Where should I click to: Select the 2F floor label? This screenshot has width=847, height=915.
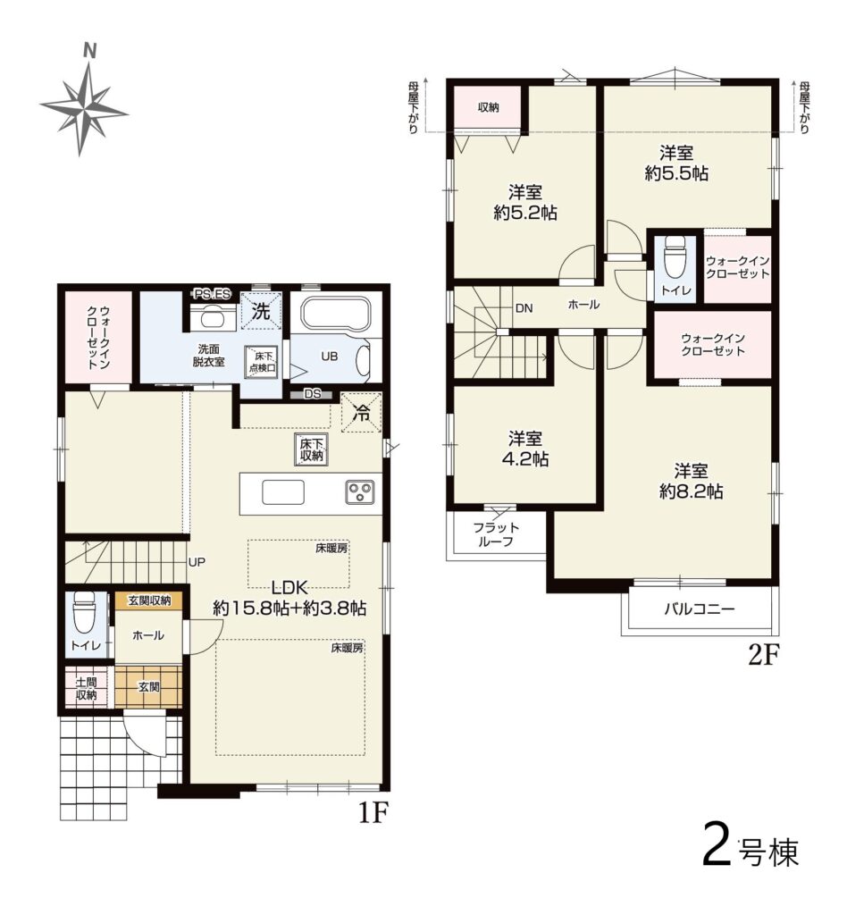[x=764, y=655]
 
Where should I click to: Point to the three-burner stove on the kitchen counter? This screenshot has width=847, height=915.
[x=359, y=491]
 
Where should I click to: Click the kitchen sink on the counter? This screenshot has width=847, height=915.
[x=283, y=492]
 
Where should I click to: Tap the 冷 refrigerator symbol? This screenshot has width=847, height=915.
[x=362, y=413]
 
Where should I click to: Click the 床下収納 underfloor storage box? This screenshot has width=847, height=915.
[x=312, y=449]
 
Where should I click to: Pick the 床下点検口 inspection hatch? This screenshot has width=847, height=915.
[x=262, y=362]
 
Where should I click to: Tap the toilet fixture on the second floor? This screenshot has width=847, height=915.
[x=675, y=258]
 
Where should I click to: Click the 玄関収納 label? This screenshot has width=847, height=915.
[x=149, y=600]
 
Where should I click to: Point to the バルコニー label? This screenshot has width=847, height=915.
[x=700, y=609]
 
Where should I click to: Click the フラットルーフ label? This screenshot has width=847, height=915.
[x=496, y=534]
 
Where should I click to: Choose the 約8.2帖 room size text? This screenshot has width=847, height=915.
[x=692, y=491]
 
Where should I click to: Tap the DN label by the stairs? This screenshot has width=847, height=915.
[x=524, y=307]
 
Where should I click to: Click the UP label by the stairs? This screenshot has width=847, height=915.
[x=197, y=562]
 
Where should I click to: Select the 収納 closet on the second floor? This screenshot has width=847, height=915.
[x=488, y=107]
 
